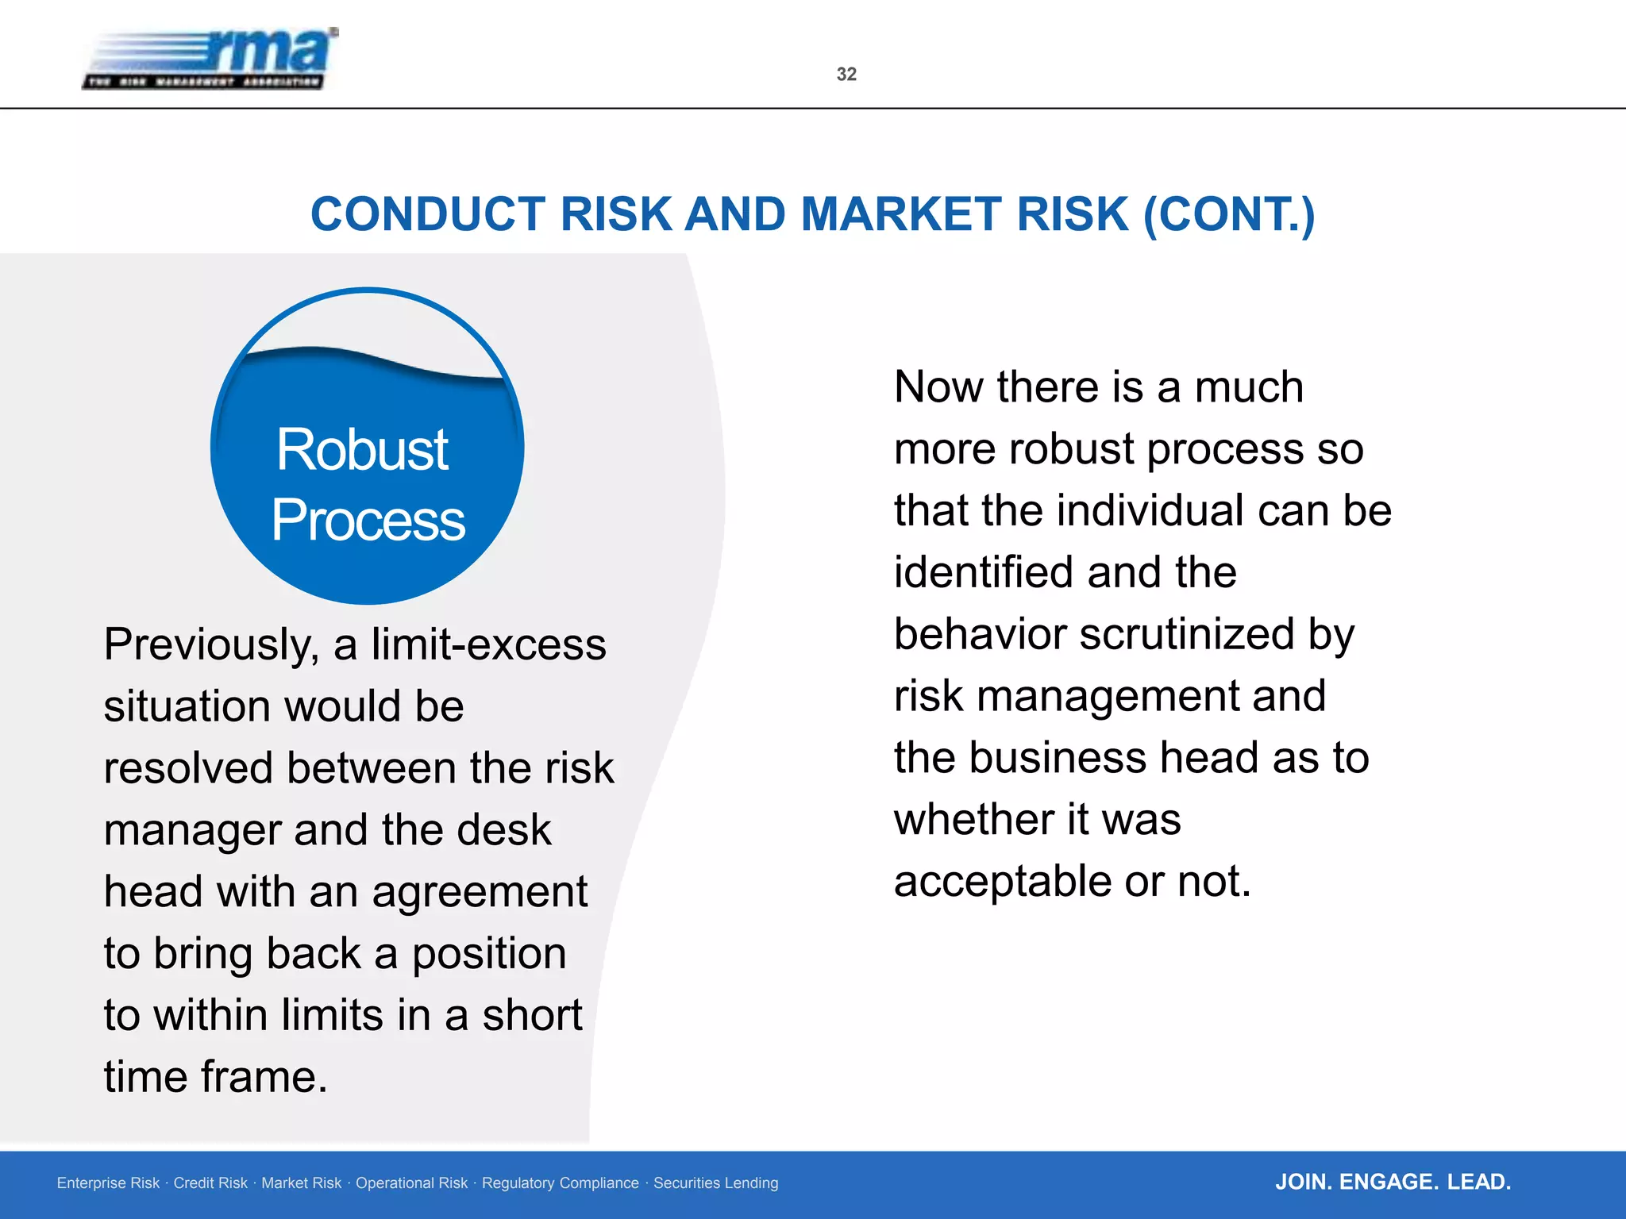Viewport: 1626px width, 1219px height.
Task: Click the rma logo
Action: (210, 59)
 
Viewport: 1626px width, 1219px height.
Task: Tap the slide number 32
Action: (846, 75)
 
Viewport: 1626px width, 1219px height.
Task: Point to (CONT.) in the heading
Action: (1229, 214)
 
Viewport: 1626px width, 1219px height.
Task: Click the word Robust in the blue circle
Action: (362, 450)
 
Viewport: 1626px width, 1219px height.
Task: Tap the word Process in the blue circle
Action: (368, 521)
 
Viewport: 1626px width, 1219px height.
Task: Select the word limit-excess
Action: (488, 644)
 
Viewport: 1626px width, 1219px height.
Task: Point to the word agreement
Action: (480, 891)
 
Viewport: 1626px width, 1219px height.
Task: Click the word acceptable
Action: (1003, 881)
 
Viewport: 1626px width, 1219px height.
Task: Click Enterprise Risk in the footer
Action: (108, 1183)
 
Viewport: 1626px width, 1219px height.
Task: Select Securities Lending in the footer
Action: (715, 1183)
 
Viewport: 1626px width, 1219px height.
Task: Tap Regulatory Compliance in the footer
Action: (560, 1183)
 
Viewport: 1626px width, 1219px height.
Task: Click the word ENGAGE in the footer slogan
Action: (1388, 1182)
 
